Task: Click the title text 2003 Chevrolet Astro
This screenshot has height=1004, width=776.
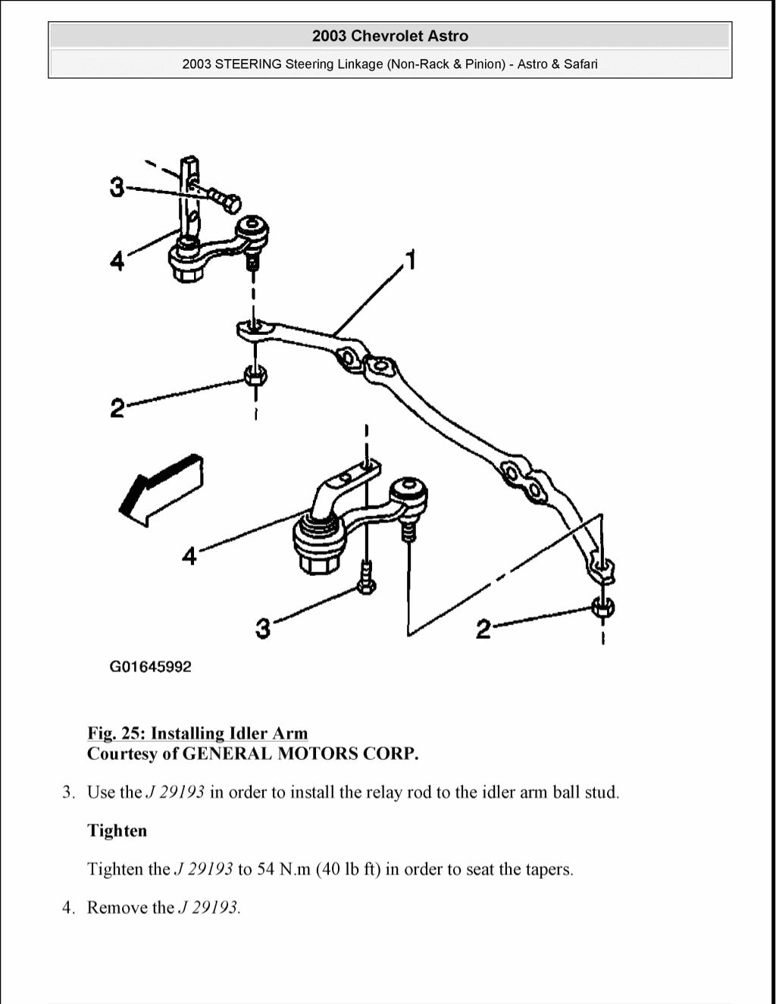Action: tap(390, 36)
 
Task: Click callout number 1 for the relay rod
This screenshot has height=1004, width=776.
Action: tap(410, 261)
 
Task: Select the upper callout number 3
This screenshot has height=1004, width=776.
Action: tap(117, 186)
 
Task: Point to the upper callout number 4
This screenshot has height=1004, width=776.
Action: tap(117, 261)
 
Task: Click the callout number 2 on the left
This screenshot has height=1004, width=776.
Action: tap(117, 408)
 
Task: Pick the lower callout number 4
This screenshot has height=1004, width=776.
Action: tap(189, 557)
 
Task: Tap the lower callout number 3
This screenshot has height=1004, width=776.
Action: tap(262, 628)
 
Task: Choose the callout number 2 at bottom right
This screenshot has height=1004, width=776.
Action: tap(483, 628)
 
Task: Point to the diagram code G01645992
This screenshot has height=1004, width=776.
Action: tap(151, 668)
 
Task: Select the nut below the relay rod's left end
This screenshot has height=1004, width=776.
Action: tap(255, 375)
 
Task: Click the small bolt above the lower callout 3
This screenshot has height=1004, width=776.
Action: tap(367, 580)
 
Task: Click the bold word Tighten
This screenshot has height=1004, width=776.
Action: tap(117, 830)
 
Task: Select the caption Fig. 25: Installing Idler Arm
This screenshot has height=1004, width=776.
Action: tap(198, 733)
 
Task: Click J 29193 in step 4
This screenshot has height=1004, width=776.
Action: tap(208, 908)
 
